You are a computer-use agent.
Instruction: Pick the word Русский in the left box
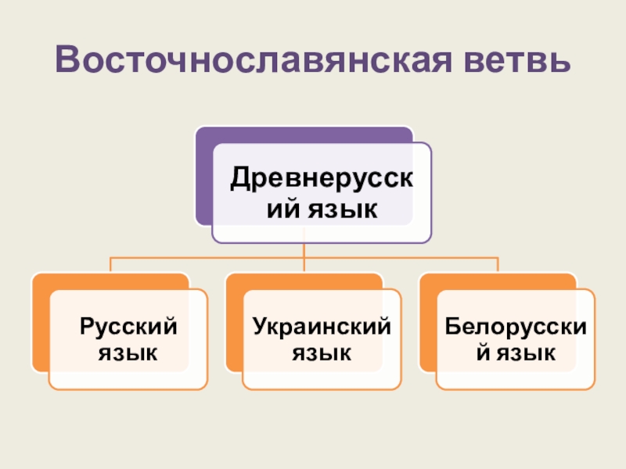[x=128, y=324]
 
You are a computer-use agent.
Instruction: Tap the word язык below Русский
[x=128, y=353]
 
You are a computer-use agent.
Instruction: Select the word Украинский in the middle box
[x=322, y=324]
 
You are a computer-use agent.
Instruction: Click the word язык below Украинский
[x=322, y=353]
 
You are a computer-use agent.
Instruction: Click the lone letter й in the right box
[x=484, y=353]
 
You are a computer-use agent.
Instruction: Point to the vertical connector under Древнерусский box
[x=304, y=250]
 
